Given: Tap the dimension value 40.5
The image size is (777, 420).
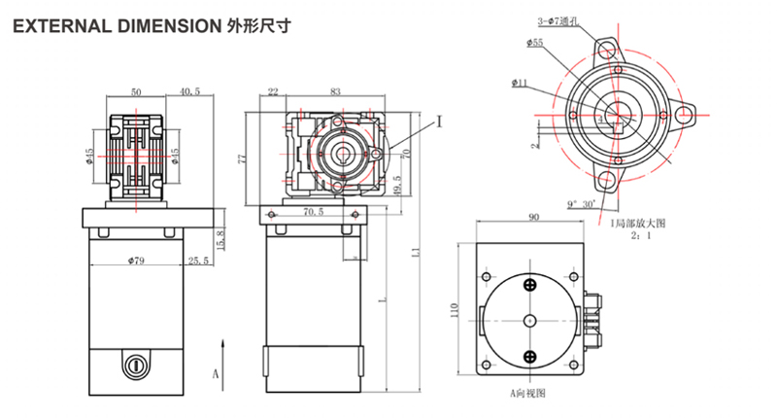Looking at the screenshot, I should coord(190,91).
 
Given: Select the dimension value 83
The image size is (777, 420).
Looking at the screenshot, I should coord(335,91).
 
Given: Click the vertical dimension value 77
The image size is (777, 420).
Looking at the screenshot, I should coord(242,156).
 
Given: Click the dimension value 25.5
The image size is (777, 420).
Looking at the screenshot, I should coord(199,260).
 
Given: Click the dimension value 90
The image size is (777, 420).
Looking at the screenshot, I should coord(532,219).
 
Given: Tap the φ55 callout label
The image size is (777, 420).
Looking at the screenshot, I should coord(536,43).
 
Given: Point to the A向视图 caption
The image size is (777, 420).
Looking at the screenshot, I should coord(529,394).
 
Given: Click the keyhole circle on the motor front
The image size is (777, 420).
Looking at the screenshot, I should coord(136,367).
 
